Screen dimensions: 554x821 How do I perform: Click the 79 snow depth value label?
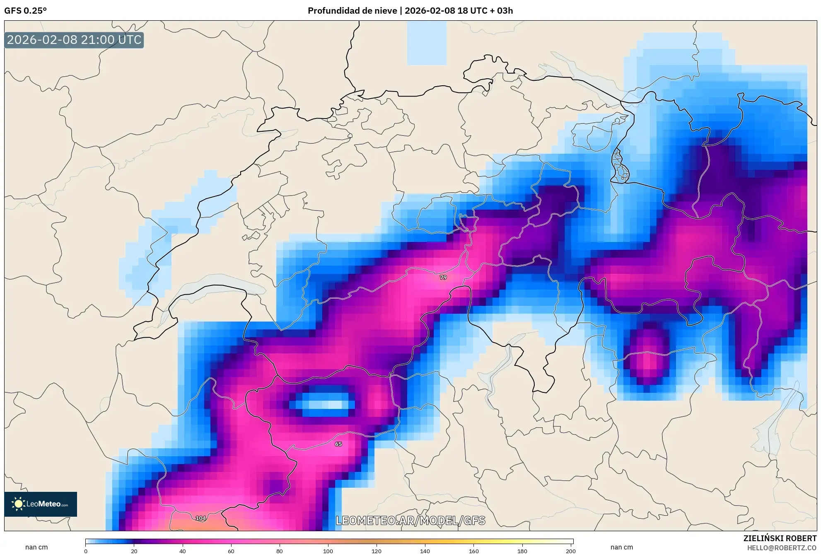(443, 277)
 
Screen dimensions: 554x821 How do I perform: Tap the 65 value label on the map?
(338, 444)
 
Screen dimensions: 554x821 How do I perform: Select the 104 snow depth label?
(200, 518)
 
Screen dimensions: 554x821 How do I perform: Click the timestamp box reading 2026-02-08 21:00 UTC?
(74, 40)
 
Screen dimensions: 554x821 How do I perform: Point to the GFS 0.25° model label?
(25, 11)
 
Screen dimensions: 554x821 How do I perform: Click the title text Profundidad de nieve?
(352, 11)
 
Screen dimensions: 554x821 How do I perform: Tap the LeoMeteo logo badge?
(41, 504)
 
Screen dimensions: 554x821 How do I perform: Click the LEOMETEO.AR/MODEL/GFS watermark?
(410, 520)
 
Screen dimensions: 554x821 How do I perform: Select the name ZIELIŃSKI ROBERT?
(780, 538)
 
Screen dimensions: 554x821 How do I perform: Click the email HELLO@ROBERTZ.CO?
(782, 548)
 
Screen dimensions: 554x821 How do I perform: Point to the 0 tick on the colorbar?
(86, 551)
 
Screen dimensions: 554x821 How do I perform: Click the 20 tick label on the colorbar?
(134, 551)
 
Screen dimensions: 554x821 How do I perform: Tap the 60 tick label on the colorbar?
(231, 551)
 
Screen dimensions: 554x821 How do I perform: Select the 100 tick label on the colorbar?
(328, 551)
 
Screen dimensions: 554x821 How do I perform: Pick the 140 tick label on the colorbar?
(425, 551)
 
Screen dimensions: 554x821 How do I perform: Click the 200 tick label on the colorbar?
(570, 551)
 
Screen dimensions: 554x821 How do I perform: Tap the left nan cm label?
(36, 547)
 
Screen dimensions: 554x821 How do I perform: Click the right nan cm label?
(621, 547)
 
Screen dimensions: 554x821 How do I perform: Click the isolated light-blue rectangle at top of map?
(427, 43)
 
